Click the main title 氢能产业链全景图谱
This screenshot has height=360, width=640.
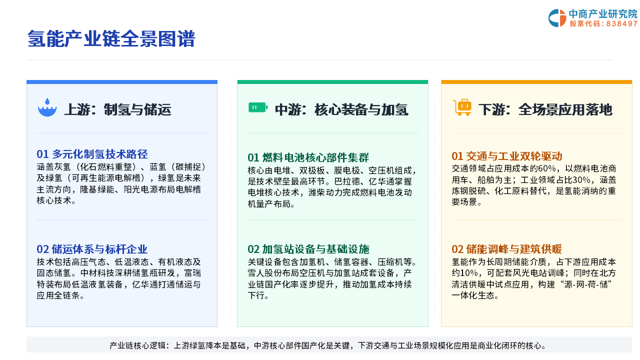(111, 38)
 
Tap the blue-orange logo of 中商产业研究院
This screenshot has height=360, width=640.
(557, 18)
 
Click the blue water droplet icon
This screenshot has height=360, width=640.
(47, 107)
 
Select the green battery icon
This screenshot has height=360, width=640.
(258, 107)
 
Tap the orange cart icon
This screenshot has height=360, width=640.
(462, 107)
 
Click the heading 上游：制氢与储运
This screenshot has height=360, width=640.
(117, 109)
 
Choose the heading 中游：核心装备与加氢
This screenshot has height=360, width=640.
(341, 109)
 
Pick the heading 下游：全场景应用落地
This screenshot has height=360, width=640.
(545, 109)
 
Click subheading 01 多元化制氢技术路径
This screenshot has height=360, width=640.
(92, 154)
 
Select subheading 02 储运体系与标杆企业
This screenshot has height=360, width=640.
(92, 249)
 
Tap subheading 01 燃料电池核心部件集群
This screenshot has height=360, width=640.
(308, 157)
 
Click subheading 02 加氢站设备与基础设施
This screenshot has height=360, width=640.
(308, 249)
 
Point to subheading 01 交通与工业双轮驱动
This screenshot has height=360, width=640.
(507, 156)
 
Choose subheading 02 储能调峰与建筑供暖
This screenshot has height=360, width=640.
(507, 249)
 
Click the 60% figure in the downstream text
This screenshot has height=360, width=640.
(547, 168)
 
